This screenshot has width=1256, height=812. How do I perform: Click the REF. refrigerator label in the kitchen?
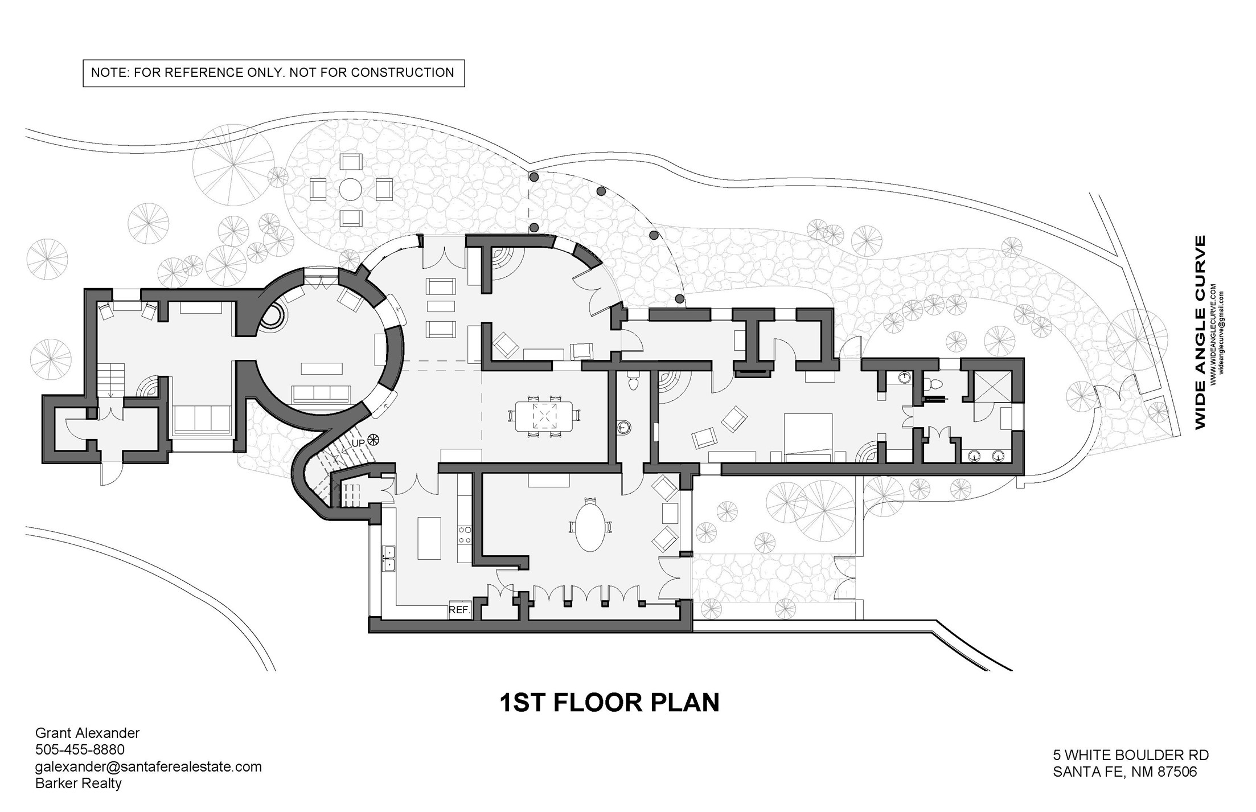(x=459, y=610)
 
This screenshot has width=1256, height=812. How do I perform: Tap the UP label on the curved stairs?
(x=358, y=443)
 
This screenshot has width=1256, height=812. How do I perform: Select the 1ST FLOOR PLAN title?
(x=609, y=703)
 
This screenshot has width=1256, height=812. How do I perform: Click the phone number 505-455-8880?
(x=80, y=749)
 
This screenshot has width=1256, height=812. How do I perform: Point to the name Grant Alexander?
(x=87, y=733)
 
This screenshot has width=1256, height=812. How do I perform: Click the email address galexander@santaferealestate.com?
(x=148, y=766)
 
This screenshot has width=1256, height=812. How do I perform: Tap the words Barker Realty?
(x=79, y=784)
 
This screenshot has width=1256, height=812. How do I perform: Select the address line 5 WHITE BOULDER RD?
(x=1131, y=755)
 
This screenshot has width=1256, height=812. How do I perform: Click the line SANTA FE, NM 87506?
(x=1124, y=772)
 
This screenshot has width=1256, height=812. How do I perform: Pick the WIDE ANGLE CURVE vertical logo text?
(x=1200, y=333)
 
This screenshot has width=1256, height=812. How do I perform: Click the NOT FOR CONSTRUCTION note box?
(x=273, y=73)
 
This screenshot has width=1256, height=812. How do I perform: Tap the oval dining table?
(x=590, y=525)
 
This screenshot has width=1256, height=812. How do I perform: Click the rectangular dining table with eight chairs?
(x=544, y=416)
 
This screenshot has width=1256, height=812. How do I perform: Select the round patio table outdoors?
(x=350, y=189)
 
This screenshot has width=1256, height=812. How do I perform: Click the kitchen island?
(x=429, y=538)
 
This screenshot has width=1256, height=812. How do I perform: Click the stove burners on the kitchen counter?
(x=465, y=534)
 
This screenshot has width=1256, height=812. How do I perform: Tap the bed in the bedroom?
(x=808, y=437)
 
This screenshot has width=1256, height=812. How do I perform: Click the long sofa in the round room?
(x=321, y=394)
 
